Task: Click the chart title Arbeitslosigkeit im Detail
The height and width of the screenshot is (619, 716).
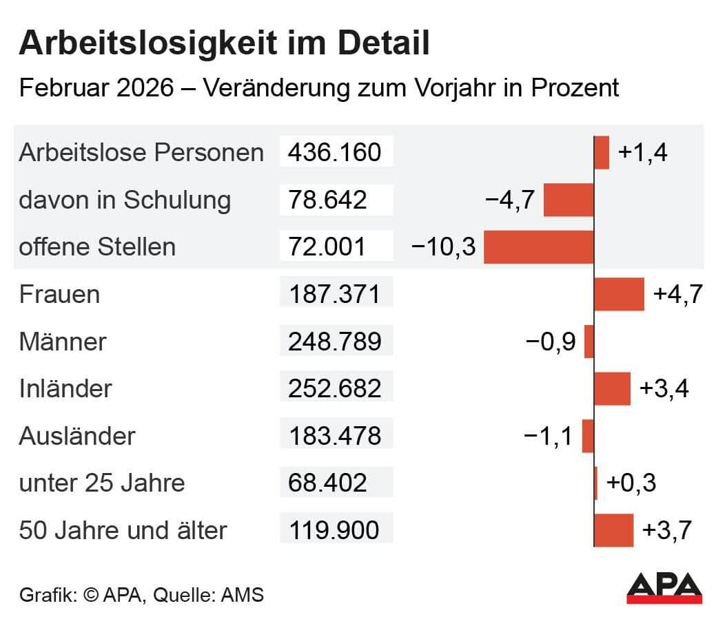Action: pyautogui.click(x=224, y=44)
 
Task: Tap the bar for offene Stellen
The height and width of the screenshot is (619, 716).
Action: pyautogui.click(x=538, y=247)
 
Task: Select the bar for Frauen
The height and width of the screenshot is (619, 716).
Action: pyautogui.click(x=619, y=295)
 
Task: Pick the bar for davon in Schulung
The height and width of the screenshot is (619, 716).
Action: pyautogui.click(x=569, y=200)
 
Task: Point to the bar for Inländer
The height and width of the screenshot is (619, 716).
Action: pyautogui.click(x=612, y=389)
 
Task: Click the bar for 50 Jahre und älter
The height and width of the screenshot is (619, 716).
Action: pyautogui.click(x=613, y=530)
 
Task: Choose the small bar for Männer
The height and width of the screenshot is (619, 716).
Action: pyautogui.click(x=589, y=342)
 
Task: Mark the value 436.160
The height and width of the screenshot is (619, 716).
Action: pyautogui.click(x=335, y=152)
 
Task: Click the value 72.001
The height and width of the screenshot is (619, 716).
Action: pyautogui.click(x=329, y=247)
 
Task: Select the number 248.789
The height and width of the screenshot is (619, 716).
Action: pyautogui.click(x=335, y=342)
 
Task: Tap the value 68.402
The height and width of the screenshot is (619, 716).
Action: pyautogui.click(x=329, y=483)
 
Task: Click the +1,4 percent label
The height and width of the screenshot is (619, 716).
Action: pyautogui.click(x=643, y=152)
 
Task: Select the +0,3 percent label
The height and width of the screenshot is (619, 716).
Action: pyautogui.click(x=631, y=483)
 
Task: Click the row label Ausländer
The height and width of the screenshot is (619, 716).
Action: pyautogui.click(x=77, y=436)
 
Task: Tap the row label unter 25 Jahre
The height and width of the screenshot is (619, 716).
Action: pyautogui.click(x=102, y=483)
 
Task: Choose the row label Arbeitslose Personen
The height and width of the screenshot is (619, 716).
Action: pyautogui.click(x=141, y=152)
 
